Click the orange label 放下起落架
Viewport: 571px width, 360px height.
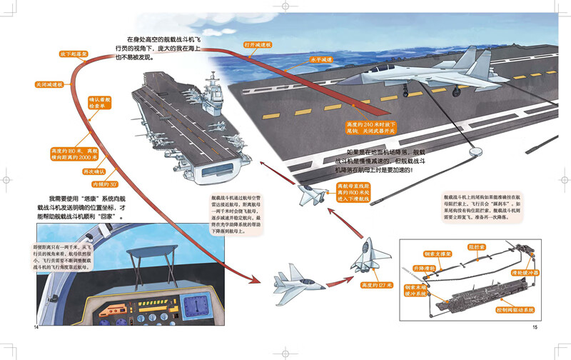(73, 53)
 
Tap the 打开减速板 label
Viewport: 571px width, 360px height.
(257, 44)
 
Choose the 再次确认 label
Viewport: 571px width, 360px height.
(96, 173)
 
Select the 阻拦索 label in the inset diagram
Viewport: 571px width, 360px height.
(477, 248)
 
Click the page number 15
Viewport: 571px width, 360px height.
(535, 328)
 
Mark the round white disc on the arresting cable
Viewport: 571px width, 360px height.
(474, 152)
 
